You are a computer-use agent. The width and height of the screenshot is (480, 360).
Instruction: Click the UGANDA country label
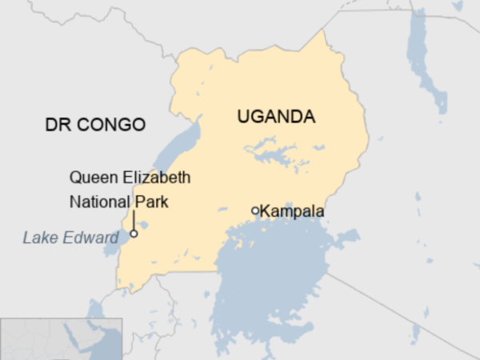pos(276,117)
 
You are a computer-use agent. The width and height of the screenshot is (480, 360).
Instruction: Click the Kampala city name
pos(293,212)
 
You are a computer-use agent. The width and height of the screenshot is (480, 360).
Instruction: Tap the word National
pos(95,200)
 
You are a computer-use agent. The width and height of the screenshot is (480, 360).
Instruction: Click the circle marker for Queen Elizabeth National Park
pos(134,234)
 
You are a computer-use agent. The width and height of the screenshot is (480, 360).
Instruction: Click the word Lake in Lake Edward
pos(38,237)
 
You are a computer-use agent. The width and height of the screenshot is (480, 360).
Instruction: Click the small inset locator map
pos(61,338)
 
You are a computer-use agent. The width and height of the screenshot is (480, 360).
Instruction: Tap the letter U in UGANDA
pos(243,117)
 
